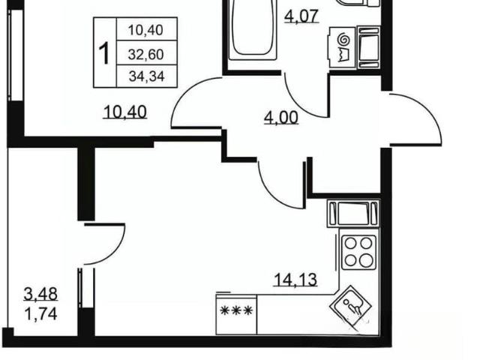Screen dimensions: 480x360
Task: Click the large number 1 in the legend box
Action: [x=104, y=53]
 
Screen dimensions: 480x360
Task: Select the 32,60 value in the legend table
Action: [x=146, y=55]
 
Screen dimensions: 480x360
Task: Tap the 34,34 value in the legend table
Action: [x=147, y=76]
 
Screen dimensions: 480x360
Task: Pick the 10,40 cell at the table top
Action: [x=145, y=30]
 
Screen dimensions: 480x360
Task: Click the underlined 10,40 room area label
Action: [x=125, y=112]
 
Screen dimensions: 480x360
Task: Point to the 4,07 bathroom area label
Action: [x=301, y=16]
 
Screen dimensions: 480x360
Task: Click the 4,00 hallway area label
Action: [x=281, y=118]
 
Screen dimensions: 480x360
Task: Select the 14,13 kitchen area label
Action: [x=295, y=280]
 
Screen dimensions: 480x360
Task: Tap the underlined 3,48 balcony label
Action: [x=40, y=294]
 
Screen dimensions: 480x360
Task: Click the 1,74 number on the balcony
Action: [x=40, y=314]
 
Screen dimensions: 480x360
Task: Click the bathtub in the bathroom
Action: [x=253, y=30]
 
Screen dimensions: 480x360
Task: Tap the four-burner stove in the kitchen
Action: [x=358, y=252]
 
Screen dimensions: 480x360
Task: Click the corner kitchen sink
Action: [x=351, y=307]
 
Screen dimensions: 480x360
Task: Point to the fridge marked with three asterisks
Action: [x=236, y=313]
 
